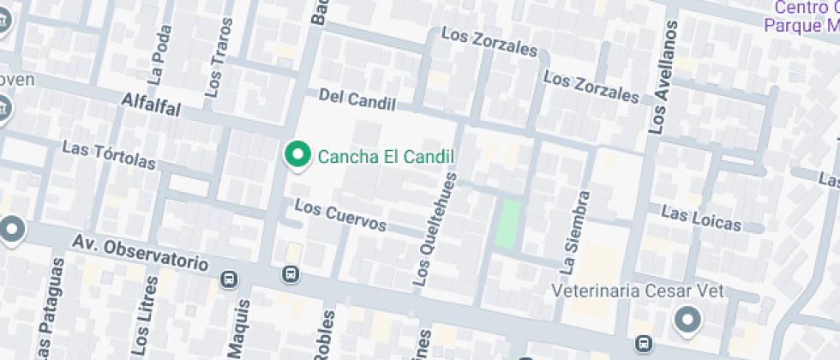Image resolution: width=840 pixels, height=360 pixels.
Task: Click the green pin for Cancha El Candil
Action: [297, 155]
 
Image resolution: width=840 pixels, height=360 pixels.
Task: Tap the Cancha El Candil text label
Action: [385, 157]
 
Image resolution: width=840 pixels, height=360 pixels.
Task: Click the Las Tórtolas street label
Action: [109, 154]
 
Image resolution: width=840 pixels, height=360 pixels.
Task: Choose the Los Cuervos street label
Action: [340, 214]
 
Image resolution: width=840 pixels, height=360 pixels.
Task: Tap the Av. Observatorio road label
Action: [141, 254]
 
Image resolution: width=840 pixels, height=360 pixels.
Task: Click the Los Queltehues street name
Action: [435, 226]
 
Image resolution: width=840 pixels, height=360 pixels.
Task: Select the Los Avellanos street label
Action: [662, 77]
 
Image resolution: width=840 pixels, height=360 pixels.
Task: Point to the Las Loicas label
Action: [701, 218]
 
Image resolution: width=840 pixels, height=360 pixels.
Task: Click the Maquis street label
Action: [239, 327]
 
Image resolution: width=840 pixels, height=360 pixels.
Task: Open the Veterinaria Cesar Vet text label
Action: [638, 291]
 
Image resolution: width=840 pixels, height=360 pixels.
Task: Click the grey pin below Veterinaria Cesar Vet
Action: [687, 321]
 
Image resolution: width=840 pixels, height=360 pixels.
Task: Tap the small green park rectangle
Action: [509, 225]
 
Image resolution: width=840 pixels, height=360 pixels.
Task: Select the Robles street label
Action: [325, 334]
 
